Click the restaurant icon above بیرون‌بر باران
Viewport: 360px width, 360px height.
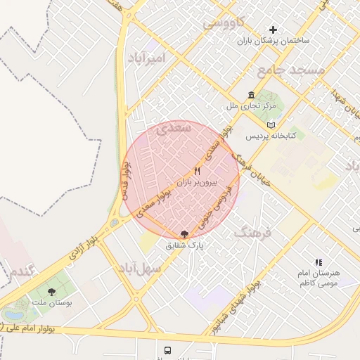tap(198, 171)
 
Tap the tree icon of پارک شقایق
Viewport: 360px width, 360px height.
tap(185, 235)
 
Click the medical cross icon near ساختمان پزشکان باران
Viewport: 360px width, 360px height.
tap(274, 30)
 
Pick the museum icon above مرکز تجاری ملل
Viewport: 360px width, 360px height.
tap(250, 96)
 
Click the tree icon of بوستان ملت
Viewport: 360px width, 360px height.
tap(51, 290)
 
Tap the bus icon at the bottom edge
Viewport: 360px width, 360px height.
tap(167, 349)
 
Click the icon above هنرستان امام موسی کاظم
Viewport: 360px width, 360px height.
tap(319, 262)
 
